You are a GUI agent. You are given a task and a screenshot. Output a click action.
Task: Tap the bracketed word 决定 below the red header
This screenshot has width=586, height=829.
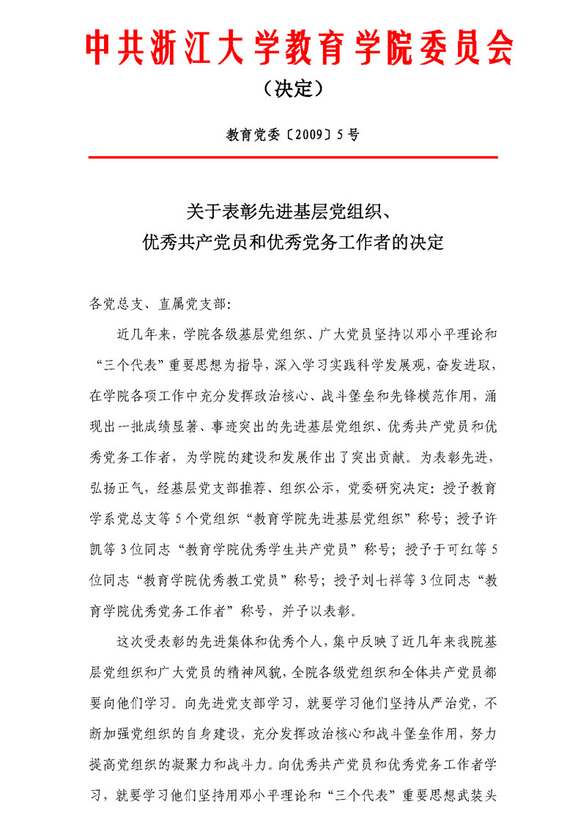293,89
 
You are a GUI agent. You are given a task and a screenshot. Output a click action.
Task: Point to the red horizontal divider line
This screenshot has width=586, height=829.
293,157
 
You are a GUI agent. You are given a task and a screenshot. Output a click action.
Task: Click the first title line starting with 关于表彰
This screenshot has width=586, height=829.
293,213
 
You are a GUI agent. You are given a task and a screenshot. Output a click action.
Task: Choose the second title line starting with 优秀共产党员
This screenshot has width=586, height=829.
293,242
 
